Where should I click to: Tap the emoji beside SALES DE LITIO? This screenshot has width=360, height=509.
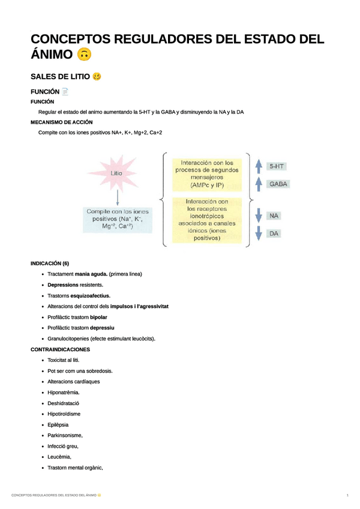97,77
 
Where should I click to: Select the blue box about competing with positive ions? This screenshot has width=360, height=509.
118,219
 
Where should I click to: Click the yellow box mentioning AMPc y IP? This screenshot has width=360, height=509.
206,174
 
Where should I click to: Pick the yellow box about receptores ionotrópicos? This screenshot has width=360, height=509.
206,220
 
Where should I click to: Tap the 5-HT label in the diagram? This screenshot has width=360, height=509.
277,166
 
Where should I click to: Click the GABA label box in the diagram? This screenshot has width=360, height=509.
277,184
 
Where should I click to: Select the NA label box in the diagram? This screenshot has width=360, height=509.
274,215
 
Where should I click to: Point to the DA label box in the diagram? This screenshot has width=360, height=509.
274,233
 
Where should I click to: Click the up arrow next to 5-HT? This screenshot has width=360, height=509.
258,166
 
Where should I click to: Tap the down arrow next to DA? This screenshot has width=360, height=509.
258,233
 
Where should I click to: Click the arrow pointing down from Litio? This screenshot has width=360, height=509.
117,196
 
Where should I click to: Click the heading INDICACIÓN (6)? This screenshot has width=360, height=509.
50,264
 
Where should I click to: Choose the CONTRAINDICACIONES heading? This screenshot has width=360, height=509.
60,349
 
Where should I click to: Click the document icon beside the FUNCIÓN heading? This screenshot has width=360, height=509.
65,92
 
